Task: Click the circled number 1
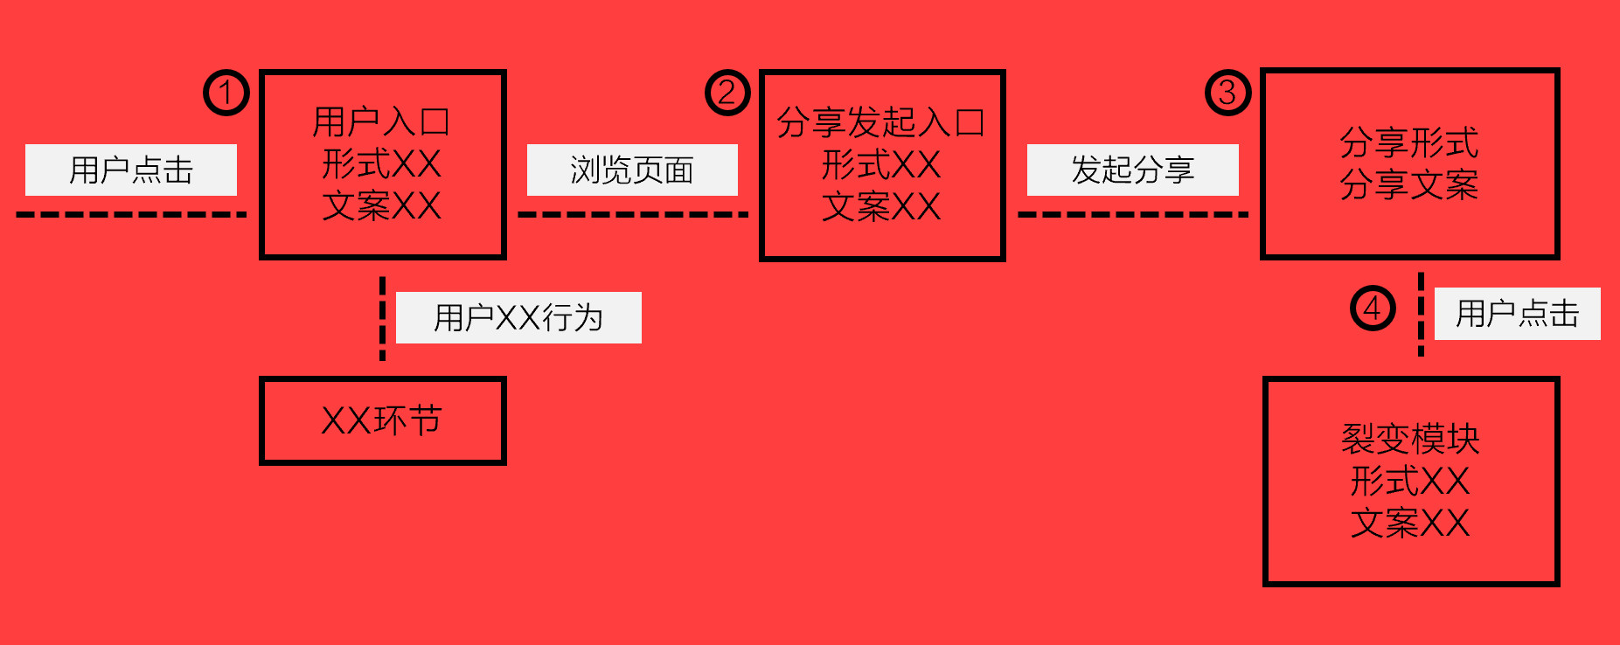click(x=226, y=93)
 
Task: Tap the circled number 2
click(x=727, y=93)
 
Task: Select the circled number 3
click(x=1227, y=93)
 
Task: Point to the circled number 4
click(x=1373, y=308)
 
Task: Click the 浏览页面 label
click(x=632, y=170)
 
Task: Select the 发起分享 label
click(x=1132, y=170)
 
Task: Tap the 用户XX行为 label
click(x=518, y=317)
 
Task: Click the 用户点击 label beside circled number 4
click(x=1517, y=313)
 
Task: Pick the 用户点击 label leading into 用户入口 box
click(x=131, y=170)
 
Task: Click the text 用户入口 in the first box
click(x=382, y=122)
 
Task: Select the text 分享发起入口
click(x=881, y=122)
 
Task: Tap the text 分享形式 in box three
click(x=1409, y=143)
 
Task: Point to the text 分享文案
click(x=1409, y=185)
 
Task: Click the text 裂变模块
click(x=1410, y=439)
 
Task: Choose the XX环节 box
click(x=382, y=420)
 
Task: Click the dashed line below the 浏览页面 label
click(x=632, y=214)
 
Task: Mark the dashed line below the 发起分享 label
click(x=1132, y=214)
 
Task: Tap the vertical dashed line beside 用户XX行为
click(x=382, y=318)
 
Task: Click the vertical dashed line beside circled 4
click(x=1421, y=314)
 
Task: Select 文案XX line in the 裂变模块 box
click(x=1410, y=524)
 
